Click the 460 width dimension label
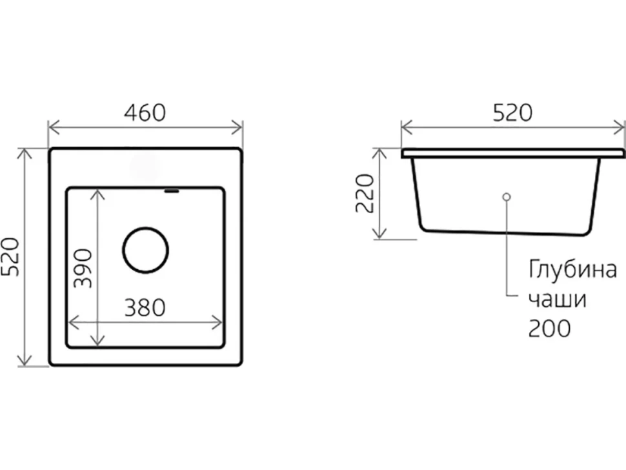click(x=145, y=112)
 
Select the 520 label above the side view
click(x=512, y=112)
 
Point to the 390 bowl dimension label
click(x=83, y=269)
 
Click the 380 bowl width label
click(x=145, y=308)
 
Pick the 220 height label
click(x=365, y=193)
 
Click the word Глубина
click(x=573, y=270)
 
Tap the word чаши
click(x=558, y=300)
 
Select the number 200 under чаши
click(x=549, y=329)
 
